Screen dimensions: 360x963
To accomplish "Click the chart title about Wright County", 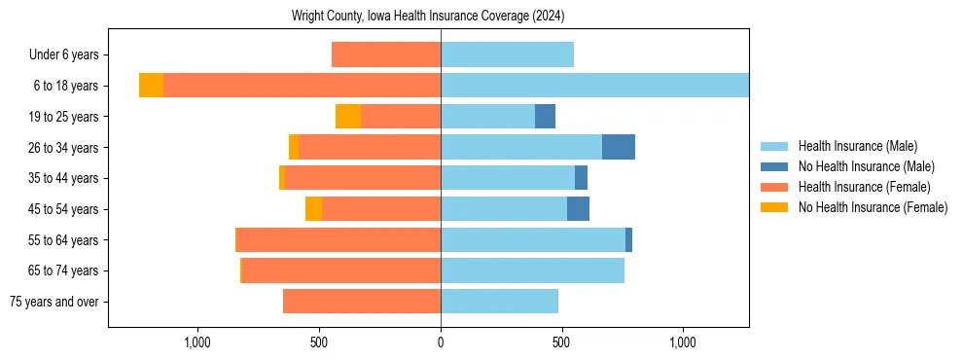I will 428,17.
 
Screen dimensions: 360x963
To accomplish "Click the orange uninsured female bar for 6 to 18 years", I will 151,86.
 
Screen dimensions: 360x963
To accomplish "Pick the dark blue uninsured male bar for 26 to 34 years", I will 619,147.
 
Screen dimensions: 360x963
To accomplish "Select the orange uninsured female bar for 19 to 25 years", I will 348,117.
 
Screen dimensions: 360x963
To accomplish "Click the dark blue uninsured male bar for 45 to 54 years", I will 578,209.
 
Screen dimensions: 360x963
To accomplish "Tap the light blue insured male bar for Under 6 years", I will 507,54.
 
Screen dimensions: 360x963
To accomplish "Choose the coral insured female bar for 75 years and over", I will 362,302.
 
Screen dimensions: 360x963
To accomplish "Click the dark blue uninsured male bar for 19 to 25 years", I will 545,117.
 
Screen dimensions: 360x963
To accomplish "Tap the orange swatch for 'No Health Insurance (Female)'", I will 774,207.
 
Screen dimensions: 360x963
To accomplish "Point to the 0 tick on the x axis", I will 441,342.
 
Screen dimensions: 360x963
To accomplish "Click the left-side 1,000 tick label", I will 197,342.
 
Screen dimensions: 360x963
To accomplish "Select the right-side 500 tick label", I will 561,342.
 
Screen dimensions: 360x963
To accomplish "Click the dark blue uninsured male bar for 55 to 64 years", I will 628,239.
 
